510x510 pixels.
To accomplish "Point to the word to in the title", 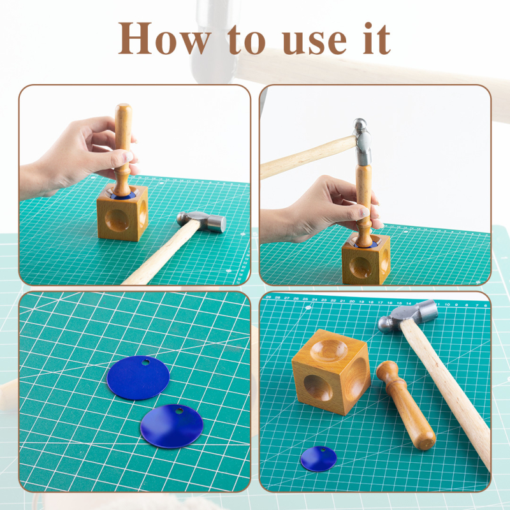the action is click(247, 40).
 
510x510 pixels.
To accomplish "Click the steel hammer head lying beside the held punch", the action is click(201, 221).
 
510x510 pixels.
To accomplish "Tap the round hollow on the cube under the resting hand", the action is click(117, 220).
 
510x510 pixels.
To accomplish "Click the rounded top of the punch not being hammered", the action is click(124, 110).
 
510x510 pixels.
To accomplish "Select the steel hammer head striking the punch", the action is click(362, 142).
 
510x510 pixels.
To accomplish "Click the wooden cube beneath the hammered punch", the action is click(366, 259).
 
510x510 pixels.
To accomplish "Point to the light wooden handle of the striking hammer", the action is click(308, 157).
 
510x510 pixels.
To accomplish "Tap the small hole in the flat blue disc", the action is click(145, 362).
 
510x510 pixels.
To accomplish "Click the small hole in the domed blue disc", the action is click(179, 411).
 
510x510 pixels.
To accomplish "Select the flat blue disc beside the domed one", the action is click(138, 377).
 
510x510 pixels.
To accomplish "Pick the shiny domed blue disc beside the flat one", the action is click(171, 426).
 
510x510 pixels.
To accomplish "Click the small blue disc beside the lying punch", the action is click(319, 458).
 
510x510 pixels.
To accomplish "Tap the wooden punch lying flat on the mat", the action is click(405, 405).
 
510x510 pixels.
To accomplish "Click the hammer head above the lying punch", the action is click(408, 316).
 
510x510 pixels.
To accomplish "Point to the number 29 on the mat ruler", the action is click(268, 297).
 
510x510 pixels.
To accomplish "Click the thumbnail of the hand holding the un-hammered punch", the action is click(128, 157).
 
